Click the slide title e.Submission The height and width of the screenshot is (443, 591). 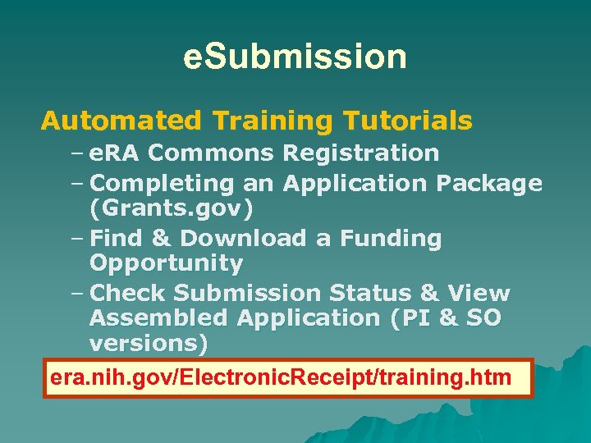(295, 57)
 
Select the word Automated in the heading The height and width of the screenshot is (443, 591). (121, 121)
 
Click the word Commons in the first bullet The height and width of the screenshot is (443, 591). (211, 153)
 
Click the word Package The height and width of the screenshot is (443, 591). (489, 183)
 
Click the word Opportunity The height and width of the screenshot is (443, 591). (167, 263)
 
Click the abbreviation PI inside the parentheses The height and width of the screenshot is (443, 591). (410, 318)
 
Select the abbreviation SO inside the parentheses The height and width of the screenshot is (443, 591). (483, 318)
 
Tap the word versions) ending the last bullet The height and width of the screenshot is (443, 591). (149, 343)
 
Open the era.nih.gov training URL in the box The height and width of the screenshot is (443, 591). (281, 378)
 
